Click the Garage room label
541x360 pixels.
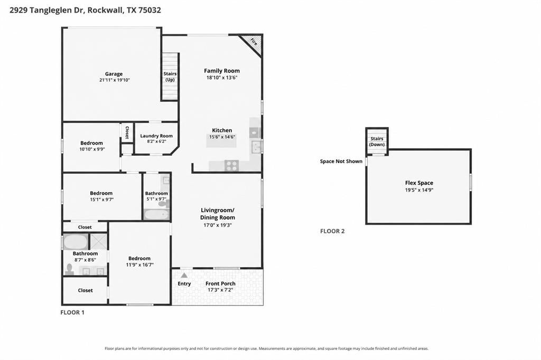pyautogui.click(x=114, y=74)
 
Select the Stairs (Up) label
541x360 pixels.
pyautogui.click(x=170, y=77)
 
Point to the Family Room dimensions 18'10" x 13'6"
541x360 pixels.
pyautogui.click(x=221, y=78)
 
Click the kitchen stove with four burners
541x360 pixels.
pyautogui.click(x=231, y=166)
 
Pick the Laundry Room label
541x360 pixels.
pyautogui.click(x=156, y=136)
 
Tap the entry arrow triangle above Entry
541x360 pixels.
pyautogui.click(x=184, y=275)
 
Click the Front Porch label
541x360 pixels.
pyautogui.click(x=220, y=283)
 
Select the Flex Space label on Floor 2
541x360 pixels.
pyautogui.click(x=419, y=183)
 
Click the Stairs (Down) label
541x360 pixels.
pyautogui.click(x=377, y=141)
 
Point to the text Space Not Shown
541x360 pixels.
pyautogui.click(x=341, y=161)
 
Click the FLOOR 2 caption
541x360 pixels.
pyautogui.click(x=332, y=231)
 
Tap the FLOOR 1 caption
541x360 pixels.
pyautogui.click(x=72, y=312)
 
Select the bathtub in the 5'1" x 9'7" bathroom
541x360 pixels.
pyautogui.click(x=156, y=214)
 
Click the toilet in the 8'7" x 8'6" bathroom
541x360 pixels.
pyautogui.click(x=69, y=269)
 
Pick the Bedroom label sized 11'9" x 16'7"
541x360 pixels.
pyautogui.click(x=139, y=258)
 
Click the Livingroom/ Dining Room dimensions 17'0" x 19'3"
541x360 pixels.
pyautogui.click(x=217, y=225)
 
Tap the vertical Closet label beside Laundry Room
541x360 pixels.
pyautogui.click(x=127, y=132)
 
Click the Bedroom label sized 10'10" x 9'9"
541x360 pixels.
pyautogui.click(x=91, y=143)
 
